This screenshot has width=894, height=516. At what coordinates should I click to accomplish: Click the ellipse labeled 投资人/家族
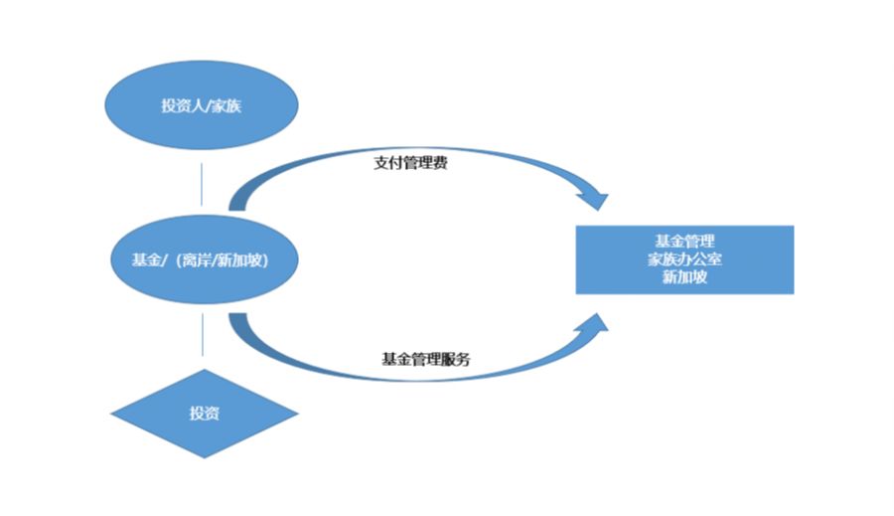[x=202, y=105]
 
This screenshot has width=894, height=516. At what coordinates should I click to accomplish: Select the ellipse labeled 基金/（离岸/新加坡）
[x=202, y=260]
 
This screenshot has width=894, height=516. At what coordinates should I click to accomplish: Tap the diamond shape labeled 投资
[x=203, y=413]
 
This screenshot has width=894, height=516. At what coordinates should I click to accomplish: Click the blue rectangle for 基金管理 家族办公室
[x=684, y=259]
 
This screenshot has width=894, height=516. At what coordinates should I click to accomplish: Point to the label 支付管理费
[x=409, y=163]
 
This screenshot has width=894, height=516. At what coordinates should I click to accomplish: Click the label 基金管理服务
[x=425, y=358]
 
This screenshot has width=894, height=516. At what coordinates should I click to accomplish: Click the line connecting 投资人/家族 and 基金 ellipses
[x=202, y=183]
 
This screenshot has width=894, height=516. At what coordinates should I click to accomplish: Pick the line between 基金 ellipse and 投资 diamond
[x=202, y=334]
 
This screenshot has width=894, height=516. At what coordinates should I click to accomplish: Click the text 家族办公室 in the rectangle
[x=684, y=259]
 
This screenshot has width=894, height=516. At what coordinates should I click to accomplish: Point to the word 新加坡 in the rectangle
[x=684, y=277]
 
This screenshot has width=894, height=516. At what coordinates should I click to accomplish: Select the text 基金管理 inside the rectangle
[x=684, y=242]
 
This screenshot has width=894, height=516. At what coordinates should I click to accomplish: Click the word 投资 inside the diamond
[x=203, y=413]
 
